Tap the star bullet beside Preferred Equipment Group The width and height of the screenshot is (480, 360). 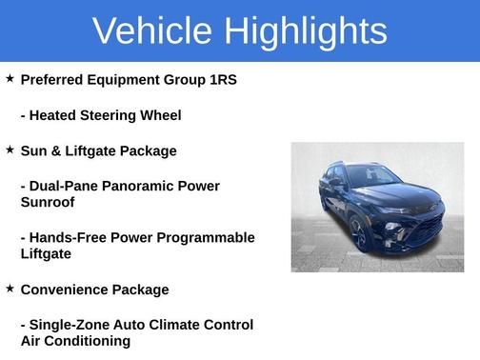tap(10, 78)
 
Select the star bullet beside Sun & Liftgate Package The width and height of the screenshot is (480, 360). tap(10, 150)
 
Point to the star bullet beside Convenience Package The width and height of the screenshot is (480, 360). tap(10, 288)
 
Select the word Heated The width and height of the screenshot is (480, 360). tap(56, 115)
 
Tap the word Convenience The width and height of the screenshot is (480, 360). tap(64, 290)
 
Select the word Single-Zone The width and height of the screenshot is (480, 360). tap(70, 325)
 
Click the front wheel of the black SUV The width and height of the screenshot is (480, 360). tap(361, 233)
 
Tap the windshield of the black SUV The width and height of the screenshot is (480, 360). tap(373, 177)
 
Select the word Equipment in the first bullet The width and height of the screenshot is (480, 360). tap(128, 80)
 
